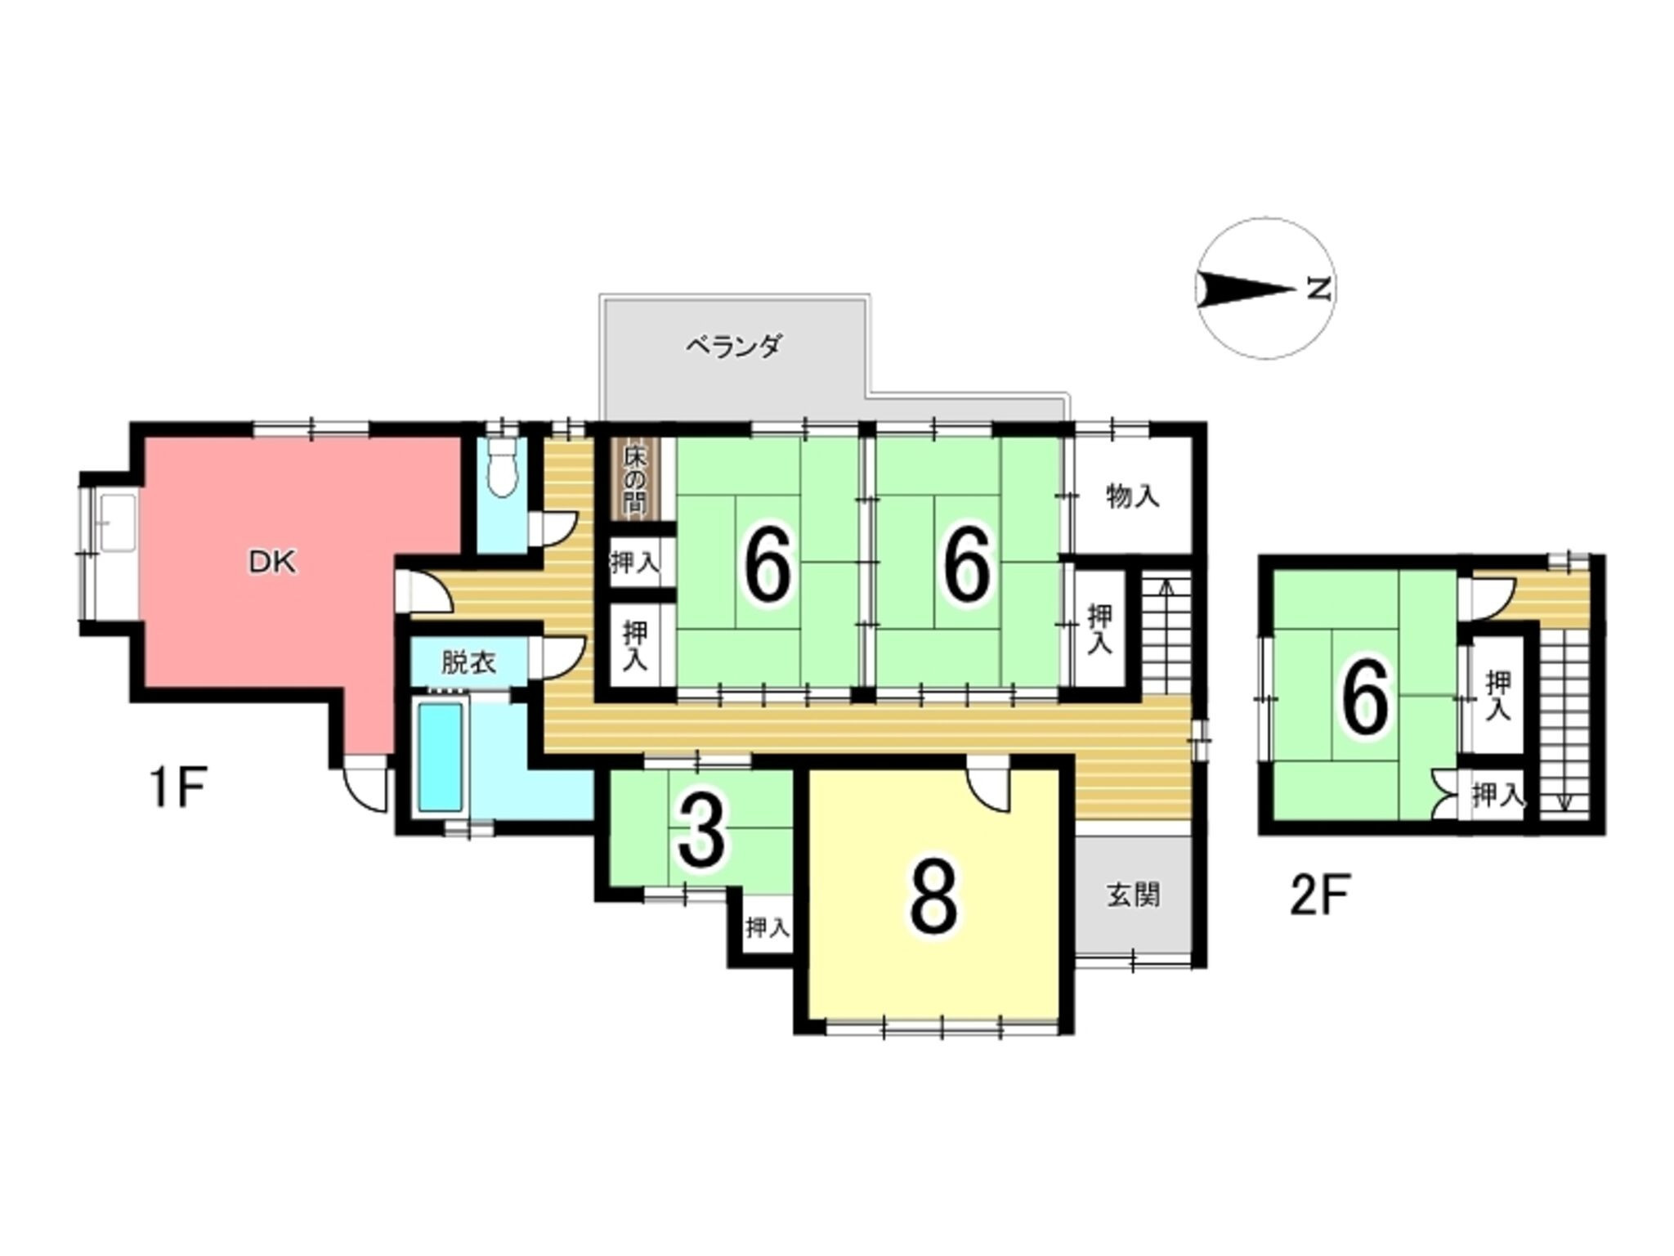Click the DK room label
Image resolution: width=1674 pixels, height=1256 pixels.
[x=272, y=563]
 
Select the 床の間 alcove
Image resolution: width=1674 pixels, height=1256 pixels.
[x=633, y=480]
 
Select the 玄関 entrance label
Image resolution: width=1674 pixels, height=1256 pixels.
[x=1134, y=895]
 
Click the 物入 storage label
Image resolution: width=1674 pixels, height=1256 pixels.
[x=1132, y=496]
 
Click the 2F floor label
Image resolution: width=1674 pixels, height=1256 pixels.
[x=1318, y=896]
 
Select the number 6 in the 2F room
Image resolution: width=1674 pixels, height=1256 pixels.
[x=1363, y=698]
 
